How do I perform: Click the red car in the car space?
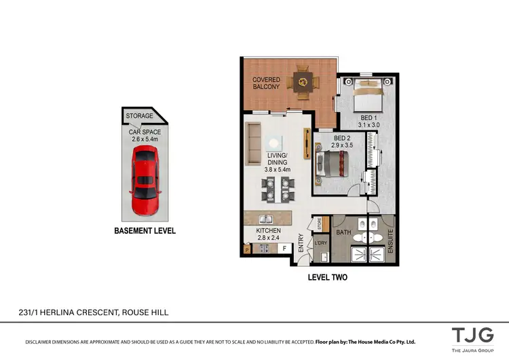click(x=144, y=179)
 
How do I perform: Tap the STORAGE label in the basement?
click(x=139, y=115)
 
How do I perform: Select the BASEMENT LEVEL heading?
click(x=145, y=231)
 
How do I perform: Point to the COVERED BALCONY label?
click(x=266, y=84)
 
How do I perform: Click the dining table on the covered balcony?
click(x=302, y=83)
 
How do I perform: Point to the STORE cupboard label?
click(x=318, y=223)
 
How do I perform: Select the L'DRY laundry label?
click(x=320, y=242)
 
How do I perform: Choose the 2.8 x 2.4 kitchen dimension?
click(x=267, y=238)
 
